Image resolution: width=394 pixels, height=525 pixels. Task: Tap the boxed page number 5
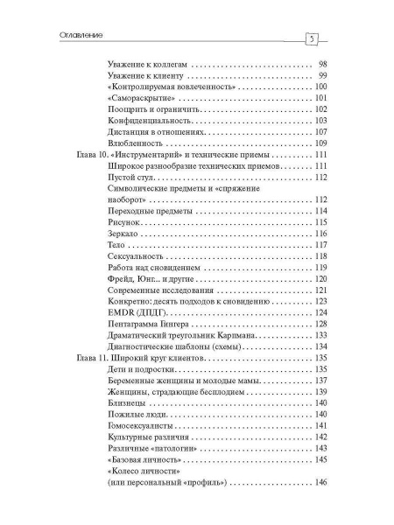311,39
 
